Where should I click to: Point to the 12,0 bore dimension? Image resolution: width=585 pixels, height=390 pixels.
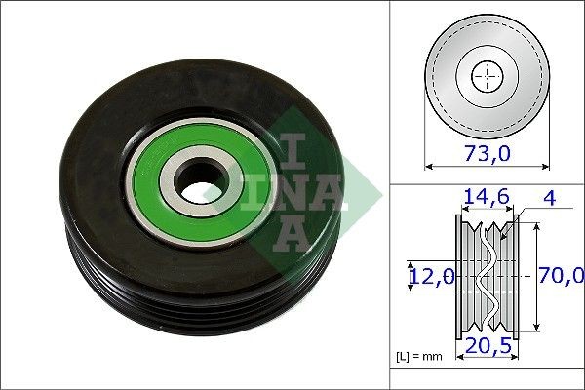430,277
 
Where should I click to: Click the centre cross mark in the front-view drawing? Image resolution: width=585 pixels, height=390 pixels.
487,77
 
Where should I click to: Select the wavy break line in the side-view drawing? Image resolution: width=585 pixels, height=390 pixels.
487,278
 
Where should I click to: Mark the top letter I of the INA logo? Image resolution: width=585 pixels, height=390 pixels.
292,148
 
